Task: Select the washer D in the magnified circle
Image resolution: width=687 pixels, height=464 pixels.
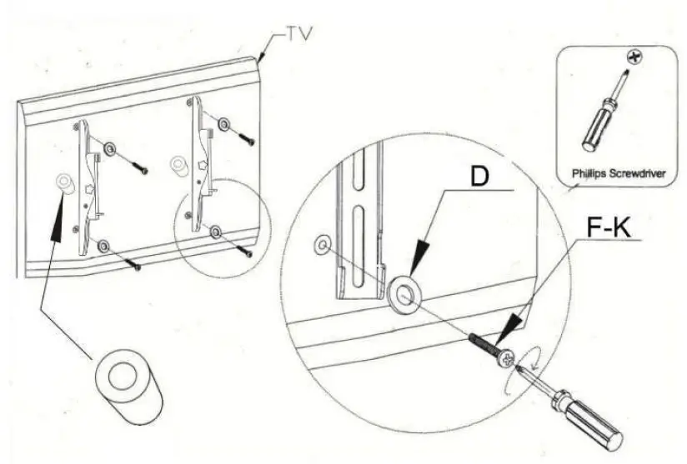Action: [404, 293]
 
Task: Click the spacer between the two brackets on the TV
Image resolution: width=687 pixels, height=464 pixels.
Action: [178, 163]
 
